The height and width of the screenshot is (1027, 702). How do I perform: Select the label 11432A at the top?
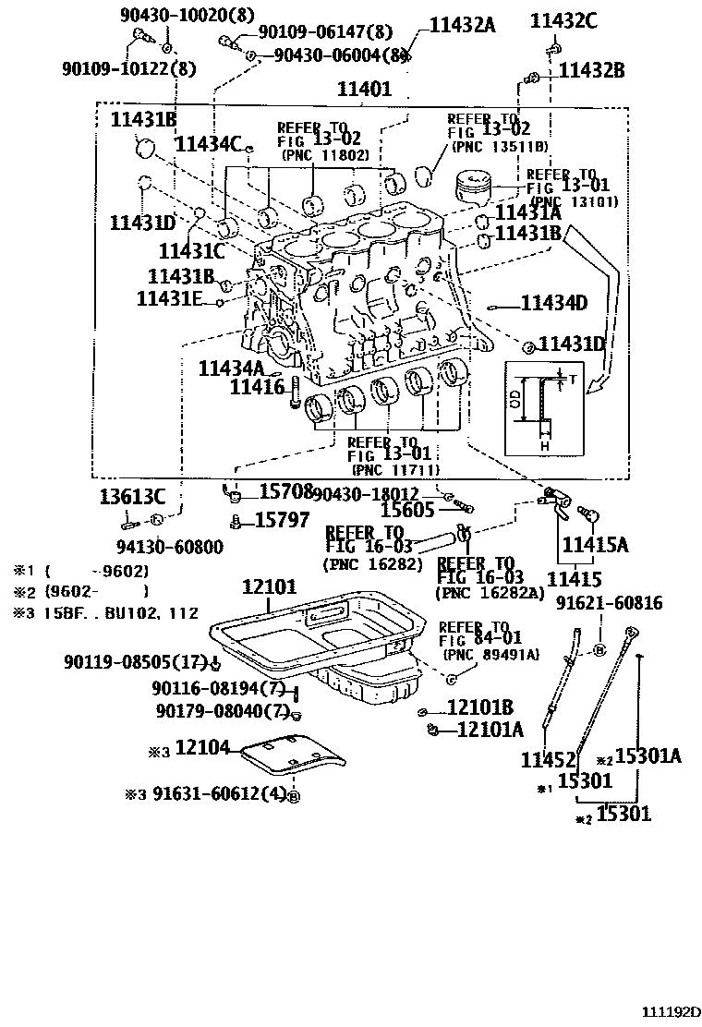pos(461,26)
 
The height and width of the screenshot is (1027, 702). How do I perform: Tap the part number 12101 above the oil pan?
pos(269,587)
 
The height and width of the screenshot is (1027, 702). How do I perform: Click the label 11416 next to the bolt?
pos(257,388)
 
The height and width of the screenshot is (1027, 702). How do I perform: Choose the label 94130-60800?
pos(169,547)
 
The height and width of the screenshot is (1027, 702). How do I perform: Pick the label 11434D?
pos(554,302)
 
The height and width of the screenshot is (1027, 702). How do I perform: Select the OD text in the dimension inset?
pos(514,400)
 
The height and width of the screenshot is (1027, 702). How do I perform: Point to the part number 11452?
pos(548,759)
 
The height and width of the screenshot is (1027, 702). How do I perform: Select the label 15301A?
pos(647,756)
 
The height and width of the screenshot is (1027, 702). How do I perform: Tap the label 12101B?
pos(479,708)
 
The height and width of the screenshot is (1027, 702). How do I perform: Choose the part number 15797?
pos(282,521)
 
